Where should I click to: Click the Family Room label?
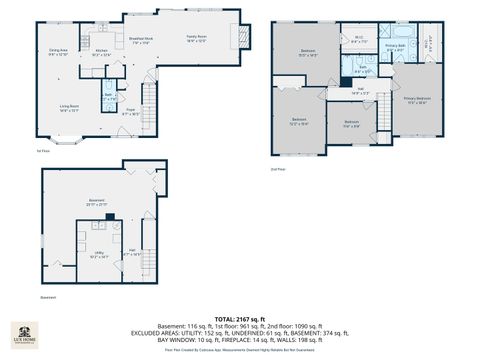(195, 38)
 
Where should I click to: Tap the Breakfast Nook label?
(139, 41)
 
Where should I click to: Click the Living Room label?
(68, 107)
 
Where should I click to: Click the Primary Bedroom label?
(417, 99)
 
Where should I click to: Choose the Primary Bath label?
(394, 47)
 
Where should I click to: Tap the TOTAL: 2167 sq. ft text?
(240, 318)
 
